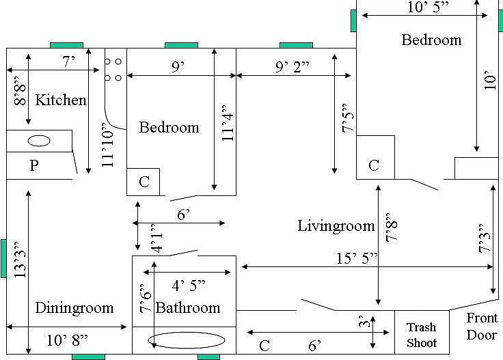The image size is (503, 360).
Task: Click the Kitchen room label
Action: click(x=61, y=100)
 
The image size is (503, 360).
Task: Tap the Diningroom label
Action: click(x=74, y=308)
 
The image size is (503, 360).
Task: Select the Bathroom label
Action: click(x=188, y=308)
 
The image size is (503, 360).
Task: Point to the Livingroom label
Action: click(x=336, y=226)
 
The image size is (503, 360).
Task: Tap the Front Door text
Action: click(x=482, y=327)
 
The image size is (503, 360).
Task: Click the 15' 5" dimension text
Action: click(x=357, y=258)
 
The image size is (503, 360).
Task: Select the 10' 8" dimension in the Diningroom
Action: click(x=67, y=340)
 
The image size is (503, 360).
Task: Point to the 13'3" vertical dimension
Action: click(x=20, y=260)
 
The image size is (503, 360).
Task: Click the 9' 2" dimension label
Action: click(x=293, y=67)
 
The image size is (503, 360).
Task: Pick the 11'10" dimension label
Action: click(x=108, y=149)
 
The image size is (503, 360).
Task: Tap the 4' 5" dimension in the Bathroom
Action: click(x=189, y=286)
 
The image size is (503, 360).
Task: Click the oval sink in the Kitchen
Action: click(x=39, y=141)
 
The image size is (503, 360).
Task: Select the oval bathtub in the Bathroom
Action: click(x=187, y=340)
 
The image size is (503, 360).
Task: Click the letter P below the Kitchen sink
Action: click(x=34, y=165)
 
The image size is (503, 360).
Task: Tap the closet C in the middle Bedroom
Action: click(x=144, y=182)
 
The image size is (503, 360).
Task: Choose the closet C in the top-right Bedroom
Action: click(x=374, y=165)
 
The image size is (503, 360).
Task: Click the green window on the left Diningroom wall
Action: click(x=3, y=258)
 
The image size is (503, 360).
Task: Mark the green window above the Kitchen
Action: click(x=67, y=46)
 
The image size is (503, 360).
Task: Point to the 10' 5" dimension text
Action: click(x=428, y=7)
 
